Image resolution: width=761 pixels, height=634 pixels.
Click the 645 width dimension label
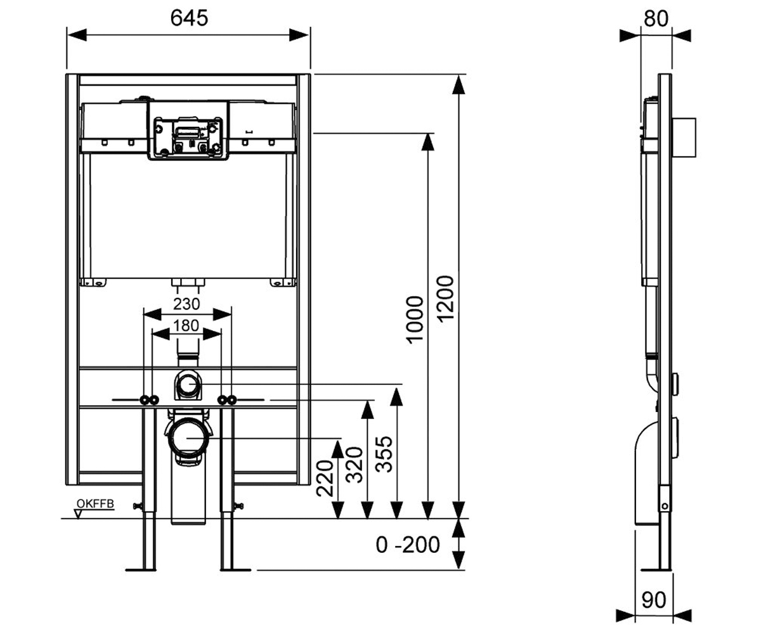pos(189,18)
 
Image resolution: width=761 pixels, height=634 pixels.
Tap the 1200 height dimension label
pos(445,299)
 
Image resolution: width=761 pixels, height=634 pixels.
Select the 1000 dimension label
pos(415,320)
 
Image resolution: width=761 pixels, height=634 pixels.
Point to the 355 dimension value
pos(384,454)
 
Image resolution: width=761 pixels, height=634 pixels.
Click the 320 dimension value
pos(354,465)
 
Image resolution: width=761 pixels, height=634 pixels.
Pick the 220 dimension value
pos(325,479)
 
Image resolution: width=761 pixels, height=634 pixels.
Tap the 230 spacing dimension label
pos(186,304)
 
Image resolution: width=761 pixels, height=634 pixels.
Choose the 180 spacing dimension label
pos(186,325)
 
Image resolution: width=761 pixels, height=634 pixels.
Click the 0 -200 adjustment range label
pos(408,545)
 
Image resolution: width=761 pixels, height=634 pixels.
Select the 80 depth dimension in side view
pos(656,18)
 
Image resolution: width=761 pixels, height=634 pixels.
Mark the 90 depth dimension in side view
pos(654,599)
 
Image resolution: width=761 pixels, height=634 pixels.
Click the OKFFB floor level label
pos(95,503)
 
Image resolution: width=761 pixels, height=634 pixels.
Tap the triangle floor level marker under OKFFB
pos(77,514)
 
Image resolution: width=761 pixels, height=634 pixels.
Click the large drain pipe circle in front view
pos(189,438)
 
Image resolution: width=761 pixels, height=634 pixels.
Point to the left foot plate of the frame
pos(141,570)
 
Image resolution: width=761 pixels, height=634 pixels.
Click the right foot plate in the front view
pos(236,570)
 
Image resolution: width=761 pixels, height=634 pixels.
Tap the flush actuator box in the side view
pos(684,138)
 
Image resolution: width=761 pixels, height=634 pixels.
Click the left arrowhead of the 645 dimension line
pos(77,36)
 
